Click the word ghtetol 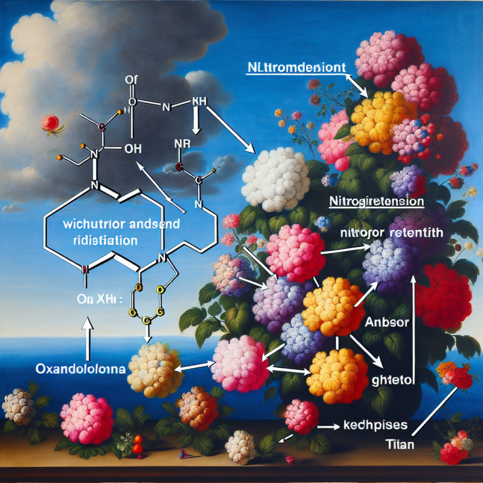[391, 380]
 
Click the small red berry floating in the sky [49, 122]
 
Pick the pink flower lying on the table [86, 418]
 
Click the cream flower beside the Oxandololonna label [155, 370]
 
